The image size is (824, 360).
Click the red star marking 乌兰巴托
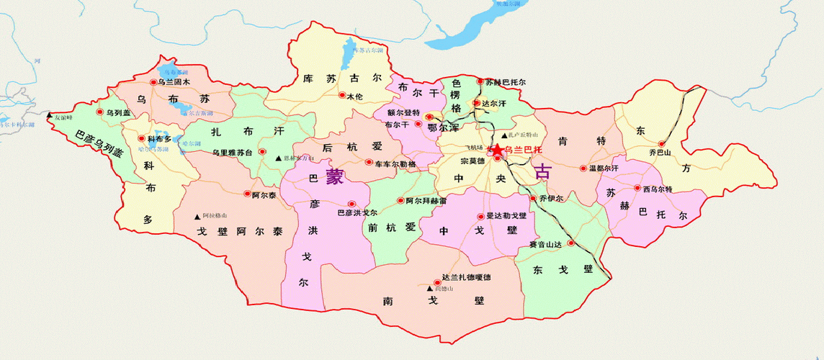[x=496, y=149]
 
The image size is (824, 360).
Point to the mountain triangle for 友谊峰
[x=50, y=116]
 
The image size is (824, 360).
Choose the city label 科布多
[x=159, y=138]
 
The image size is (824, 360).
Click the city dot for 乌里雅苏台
[x=262, y=153]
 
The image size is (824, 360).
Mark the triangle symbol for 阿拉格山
[x=197, y=216]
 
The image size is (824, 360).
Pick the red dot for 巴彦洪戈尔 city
[x=351, y=204]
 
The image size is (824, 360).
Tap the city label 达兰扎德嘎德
[x=465, y=278]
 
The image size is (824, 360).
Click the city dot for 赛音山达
[x=570, y=243]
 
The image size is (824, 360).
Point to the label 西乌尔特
[x=657, y=189]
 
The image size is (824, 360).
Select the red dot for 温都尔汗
[x=583, y=168]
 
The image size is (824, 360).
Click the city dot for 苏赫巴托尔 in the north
[x=480, y=82]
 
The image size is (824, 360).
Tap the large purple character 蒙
[x=334, y=177]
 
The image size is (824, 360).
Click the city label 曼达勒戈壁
[x=506, y=216]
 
